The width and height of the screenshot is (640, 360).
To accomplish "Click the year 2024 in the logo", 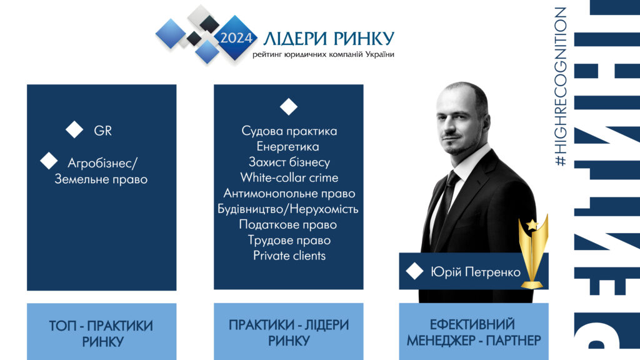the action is [x=236, y=38].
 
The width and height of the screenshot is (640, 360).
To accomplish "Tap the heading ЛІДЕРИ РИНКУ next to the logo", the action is [x=329, y=39].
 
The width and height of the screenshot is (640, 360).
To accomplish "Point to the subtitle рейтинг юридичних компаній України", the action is [x=323, y=55].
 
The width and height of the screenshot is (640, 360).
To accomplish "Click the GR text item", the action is [x=102, y=131].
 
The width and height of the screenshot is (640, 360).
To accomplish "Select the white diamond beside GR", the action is [x=74, y=130].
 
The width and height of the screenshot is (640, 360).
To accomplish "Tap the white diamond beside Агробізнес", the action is [x=49, y=161].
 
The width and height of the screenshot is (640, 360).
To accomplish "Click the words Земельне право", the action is [x=101, y=179].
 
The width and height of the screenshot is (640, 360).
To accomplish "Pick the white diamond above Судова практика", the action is [x=289, y=106].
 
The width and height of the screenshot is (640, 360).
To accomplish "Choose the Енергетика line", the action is [x=287, y=146].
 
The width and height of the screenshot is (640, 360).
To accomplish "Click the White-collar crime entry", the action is [x=289, y=178].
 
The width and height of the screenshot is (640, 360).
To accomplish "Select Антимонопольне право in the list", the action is [x=289, y=194].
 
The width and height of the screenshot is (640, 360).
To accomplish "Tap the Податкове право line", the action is [x=287, y=225].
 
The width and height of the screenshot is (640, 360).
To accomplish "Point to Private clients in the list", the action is [x=289, y=256].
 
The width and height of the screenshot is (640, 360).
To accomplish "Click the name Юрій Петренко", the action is [x=476, y=272].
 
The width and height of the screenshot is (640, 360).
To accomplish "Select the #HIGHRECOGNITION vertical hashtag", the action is [x=561, y=86].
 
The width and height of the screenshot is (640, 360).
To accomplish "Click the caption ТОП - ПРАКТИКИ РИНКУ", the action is [x=101, y=334].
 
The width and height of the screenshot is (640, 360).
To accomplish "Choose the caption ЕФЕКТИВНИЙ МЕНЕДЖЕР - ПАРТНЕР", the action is [x=474, y=332].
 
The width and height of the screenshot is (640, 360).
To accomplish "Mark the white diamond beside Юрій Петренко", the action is [x=415, y=271].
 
